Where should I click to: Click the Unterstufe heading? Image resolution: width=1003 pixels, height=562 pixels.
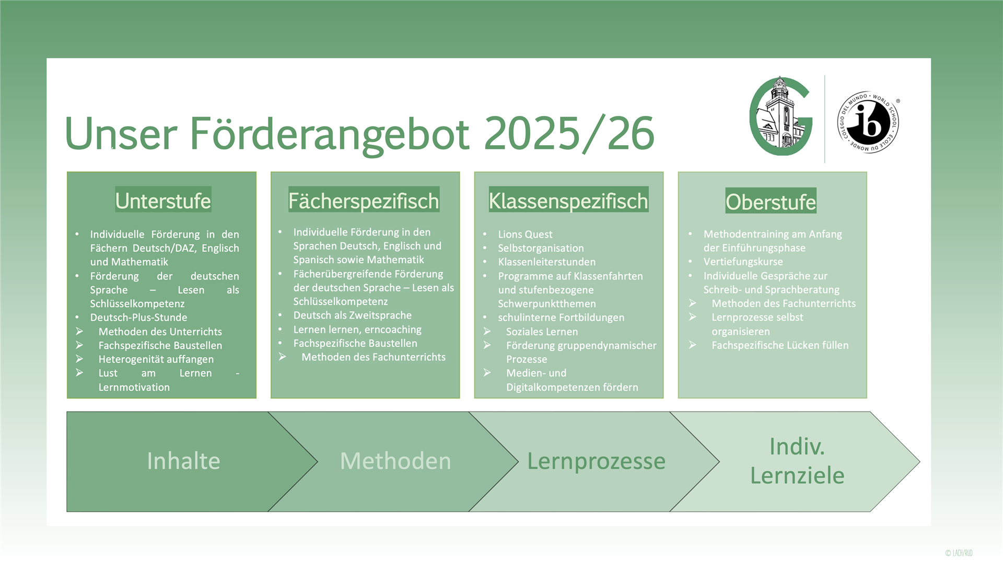163,201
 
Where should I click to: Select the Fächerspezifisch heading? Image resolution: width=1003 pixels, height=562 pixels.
364,201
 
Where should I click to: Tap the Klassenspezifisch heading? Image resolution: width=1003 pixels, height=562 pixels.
568,201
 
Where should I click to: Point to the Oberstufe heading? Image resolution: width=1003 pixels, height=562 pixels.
771,202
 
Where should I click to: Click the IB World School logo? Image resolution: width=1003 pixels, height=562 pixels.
868,122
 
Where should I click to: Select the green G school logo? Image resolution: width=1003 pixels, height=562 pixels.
781,116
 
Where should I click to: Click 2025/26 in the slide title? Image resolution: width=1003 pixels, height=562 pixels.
569,134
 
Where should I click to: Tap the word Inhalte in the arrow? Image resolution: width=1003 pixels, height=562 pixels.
183,461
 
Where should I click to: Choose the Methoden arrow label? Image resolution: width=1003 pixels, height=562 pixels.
395,461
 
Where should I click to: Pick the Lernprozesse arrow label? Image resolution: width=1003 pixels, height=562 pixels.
596,462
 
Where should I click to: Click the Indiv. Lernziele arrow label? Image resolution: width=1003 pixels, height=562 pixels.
797,461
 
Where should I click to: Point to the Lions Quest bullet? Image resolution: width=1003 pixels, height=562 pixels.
525,235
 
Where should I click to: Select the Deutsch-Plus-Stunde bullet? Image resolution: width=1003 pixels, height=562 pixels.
138,318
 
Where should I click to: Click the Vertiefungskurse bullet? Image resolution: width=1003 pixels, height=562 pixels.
743,262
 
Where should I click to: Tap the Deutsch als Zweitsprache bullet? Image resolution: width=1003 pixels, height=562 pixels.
352,315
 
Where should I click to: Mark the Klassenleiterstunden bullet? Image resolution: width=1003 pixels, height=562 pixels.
546,262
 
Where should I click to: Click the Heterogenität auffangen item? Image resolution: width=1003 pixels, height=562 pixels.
156,359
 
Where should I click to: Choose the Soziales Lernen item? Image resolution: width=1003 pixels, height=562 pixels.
542,332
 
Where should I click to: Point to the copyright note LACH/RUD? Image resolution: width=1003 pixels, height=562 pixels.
959,553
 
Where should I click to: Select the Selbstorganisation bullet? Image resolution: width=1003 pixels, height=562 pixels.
541,249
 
